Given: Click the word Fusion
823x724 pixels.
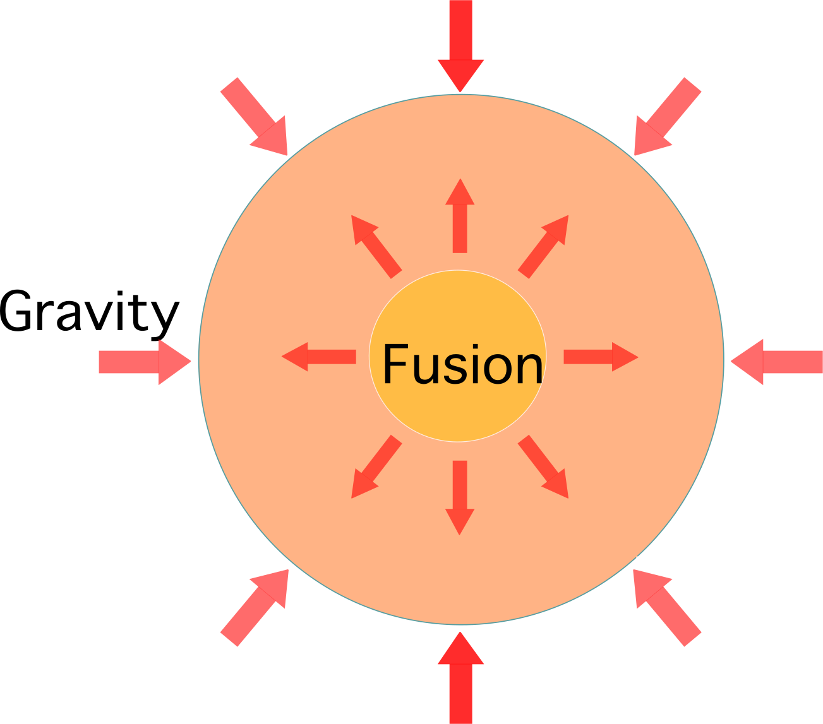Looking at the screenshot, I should [x=462, y=364].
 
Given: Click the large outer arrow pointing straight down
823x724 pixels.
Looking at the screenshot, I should [x=461, y=44].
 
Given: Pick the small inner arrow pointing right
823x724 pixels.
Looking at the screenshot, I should [x=600, y=357].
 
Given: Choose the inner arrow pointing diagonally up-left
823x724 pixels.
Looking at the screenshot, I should [x=375, y=246].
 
